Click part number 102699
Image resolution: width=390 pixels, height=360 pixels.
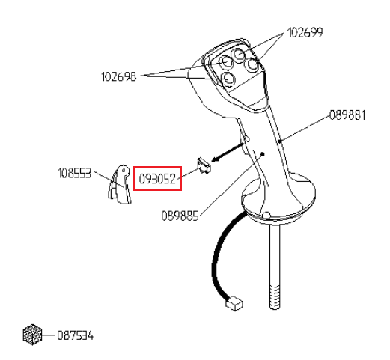tap(305, 33)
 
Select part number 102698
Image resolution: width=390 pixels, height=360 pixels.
tap(119, 76)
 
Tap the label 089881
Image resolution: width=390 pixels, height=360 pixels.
tap(347, 115)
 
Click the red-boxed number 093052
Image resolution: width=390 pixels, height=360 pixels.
tap(157, 179)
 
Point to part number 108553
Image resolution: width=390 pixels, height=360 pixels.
tap(74, 173)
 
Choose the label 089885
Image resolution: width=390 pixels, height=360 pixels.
tap(180, 216)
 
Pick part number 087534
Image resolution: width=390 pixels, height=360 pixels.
tap(75, 335)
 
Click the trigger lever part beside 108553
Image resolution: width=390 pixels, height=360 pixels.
tap(119, 185)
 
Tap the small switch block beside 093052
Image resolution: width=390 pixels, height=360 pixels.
tap(204, 165)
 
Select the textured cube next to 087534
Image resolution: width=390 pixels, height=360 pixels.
tap(32, 335)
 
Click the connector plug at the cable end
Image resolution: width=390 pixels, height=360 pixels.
tap(234, 303)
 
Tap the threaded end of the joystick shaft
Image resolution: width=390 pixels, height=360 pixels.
tap(275, 296)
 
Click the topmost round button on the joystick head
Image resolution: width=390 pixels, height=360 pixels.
tap(239, 54)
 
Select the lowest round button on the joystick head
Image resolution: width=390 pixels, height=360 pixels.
tap(228, 79)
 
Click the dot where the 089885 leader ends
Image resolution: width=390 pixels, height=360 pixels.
tap(263, 154)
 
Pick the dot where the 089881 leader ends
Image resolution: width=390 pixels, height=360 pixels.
tap(280, 141)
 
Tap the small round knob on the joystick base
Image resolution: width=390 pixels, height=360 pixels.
tap(266, 215)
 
